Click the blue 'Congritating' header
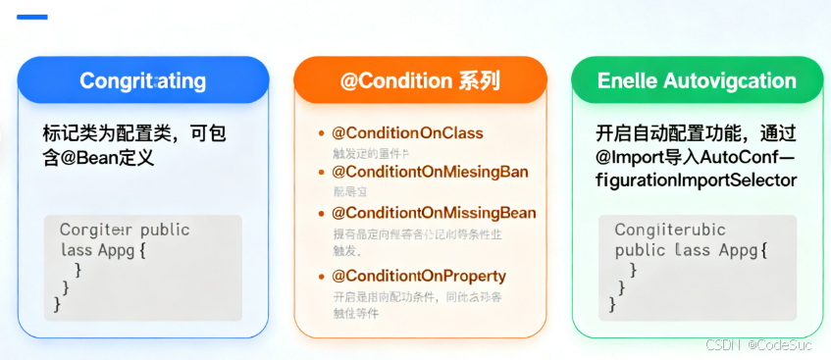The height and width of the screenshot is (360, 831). pyautogui.click(x=142, y=80)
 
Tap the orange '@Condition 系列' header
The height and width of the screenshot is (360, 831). pyautogui.click(x=420, y=80)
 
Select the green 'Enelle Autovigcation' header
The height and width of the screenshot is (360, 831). pyautogui.click(x=697, y=80)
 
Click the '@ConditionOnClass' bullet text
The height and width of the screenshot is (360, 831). pyautogui.click(x=407, y=133)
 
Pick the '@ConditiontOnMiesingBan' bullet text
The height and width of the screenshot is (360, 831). pyautogui.click(x=430, y=173)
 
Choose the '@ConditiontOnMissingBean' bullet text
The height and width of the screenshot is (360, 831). pyautogui.click(x=434, y=213)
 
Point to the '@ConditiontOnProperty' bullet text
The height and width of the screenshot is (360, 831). pyautogui.click(x=419, y=276)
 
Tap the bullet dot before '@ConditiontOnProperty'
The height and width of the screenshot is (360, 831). pyautogui.click(x=321, y=277)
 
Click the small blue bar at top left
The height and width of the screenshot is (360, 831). pyautogui.click(x=32, y=17)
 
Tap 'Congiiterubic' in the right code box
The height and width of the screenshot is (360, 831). pyautogui.click(x=670, y=231)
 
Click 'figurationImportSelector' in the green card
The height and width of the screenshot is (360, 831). pyautogui.click(x=697, y=180)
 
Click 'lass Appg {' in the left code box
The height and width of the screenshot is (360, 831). pyautogui.click(x=102, y=249)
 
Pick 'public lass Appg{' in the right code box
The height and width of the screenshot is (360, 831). pyautogui.click(x=691, y=250)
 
